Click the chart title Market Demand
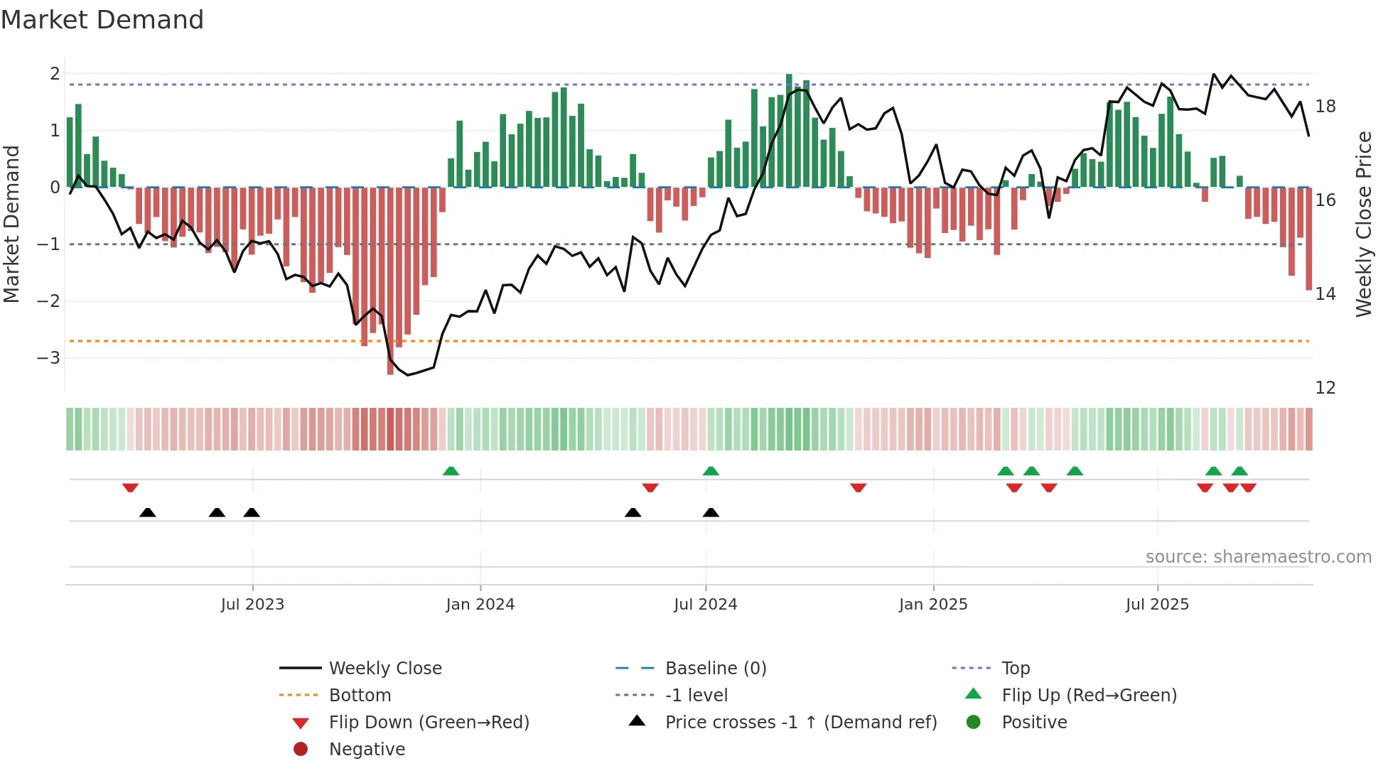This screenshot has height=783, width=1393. [102, 20]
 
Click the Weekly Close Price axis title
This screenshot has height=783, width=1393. [1363, 224]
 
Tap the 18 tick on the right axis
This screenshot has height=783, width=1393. [1325, 107]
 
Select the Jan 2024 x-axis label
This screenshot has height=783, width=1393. [480, 605]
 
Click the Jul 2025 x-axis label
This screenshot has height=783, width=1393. [1157, 605]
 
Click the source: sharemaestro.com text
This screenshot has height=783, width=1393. [1258, 557]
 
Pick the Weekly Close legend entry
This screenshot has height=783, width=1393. [385, 669]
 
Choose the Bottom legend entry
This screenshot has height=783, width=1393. [360, 696]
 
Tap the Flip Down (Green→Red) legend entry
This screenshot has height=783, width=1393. [429, 723]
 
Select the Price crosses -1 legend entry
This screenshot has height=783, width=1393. [801, 723]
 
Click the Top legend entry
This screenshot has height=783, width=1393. [1016, 669]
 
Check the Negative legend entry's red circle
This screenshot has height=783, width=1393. [301, 749]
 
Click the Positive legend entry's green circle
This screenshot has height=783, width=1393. [974, 722]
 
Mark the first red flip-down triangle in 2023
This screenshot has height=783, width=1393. [130, 487]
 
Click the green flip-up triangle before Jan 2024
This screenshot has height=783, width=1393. [451, 471]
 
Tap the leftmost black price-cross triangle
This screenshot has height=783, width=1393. [147, 512]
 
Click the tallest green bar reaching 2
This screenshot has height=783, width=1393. [789, 131]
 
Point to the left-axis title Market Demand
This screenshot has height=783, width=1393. [11, 224]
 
